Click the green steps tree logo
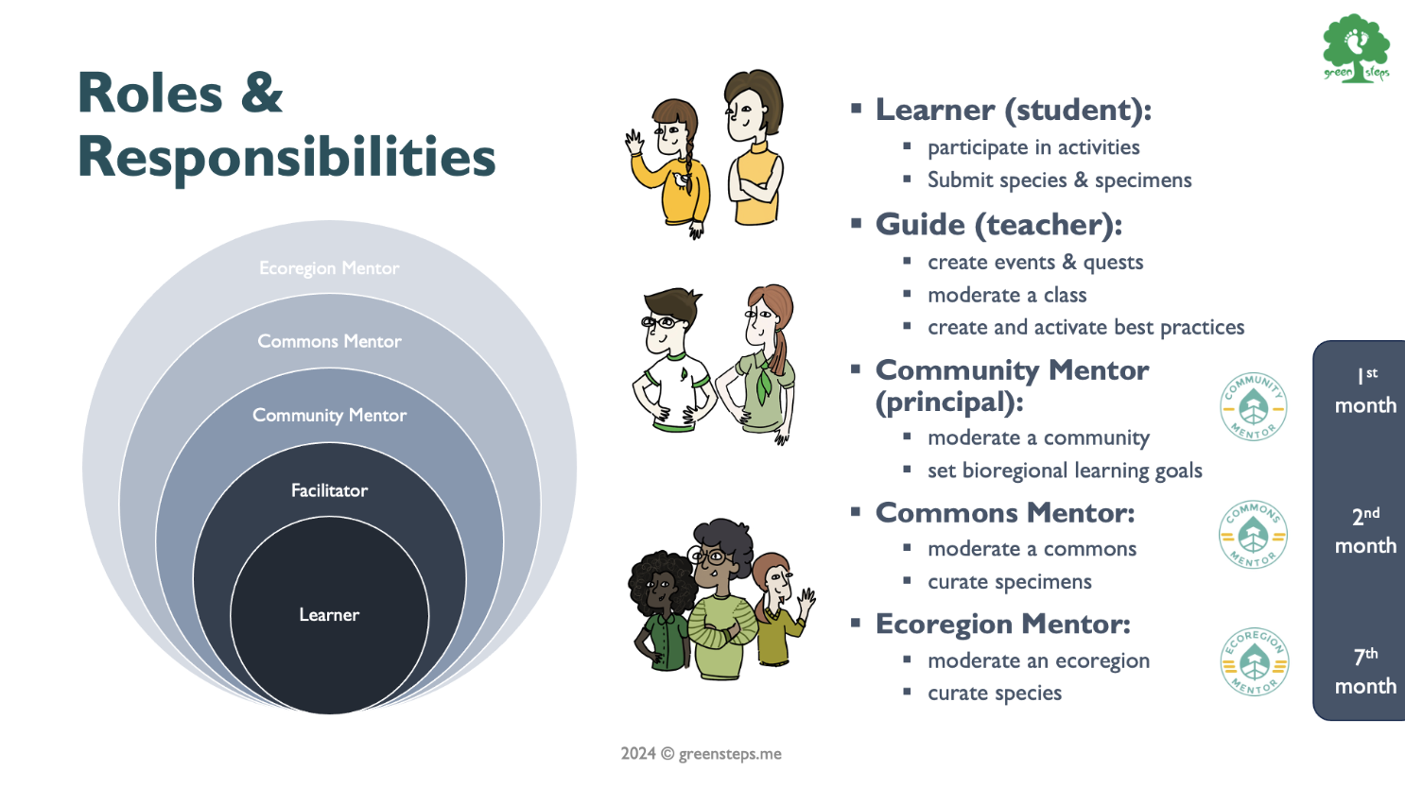(x=1356, y=48)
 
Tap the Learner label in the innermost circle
(x=329, y=614)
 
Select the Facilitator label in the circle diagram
(x=329, y=490)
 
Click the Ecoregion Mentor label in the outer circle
(x=329, y=268)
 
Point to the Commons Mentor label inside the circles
(x=329, y=341)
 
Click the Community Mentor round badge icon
(x=1253, y=406)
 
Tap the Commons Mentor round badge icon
(x=1253, y=535)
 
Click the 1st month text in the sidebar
(x=1365, y=391)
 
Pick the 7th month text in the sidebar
(x=1365, y=672)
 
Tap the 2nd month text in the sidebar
(x=1365, y=531)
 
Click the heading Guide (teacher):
(x=998, y=225)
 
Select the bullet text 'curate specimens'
(x=1010, y=582)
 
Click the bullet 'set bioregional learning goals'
(x=1065, y=471)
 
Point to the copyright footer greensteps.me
(x=702, y=754)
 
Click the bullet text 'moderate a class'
(x=1007, y=296)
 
